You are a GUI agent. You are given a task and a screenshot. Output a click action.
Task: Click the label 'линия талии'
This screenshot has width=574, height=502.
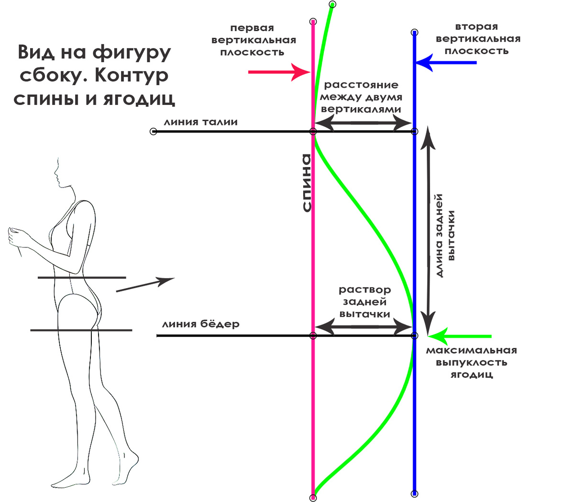coord(200,122)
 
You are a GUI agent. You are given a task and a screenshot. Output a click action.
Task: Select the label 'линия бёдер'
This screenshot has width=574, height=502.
coord(200,324)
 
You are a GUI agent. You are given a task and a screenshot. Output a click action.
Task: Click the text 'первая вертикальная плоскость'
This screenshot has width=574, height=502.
coord(254,40)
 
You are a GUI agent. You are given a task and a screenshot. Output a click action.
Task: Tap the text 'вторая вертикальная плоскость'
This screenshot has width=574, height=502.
coord(477,39)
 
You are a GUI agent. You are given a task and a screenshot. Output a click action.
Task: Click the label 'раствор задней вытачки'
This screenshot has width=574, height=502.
coord(365,302)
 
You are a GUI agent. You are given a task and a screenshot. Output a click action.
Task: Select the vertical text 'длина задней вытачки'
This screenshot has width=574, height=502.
coord(445,235)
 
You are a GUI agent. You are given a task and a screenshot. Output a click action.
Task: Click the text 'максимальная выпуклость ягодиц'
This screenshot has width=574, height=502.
coord(472,362)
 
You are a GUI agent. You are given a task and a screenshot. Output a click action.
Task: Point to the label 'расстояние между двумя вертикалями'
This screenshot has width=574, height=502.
coord(361,97)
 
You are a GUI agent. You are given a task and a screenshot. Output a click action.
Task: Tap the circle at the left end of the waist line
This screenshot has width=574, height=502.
coord(153,132)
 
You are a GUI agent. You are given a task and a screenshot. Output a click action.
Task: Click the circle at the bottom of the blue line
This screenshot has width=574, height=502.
coord(415,494)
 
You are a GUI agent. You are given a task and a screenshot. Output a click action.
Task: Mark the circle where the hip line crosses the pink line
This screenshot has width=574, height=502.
coord(313,336)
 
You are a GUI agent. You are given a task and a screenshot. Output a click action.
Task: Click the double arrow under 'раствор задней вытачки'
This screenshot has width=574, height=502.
coord(364,327)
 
